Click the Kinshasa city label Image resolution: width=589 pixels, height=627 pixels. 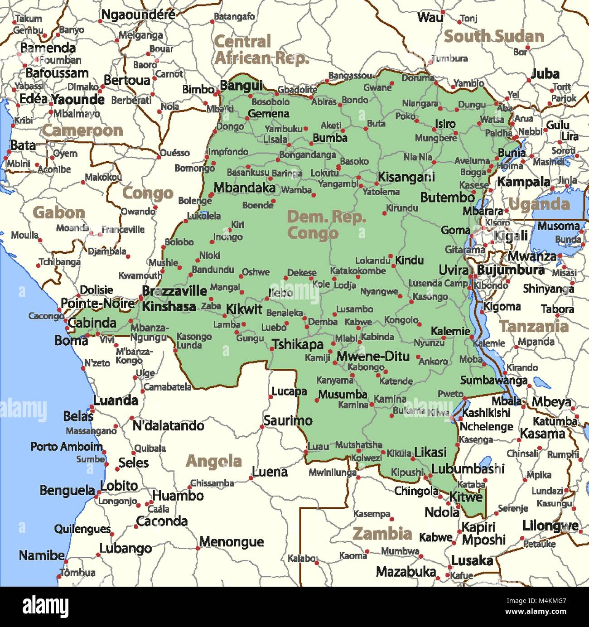pos(169,307)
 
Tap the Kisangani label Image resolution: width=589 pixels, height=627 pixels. pos(406,177)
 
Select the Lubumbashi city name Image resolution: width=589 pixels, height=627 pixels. pos(467,469)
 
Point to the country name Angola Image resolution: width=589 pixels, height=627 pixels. pos(213,461)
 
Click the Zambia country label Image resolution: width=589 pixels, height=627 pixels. pos(382,534)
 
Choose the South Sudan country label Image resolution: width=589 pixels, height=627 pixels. pos(493,36)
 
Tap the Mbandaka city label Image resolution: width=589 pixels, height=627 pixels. pos(244,188)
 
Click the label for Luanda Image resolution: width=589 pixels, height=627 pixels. pos(116,400)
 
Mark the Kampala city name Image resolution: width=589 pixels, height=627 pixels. pos(523,182)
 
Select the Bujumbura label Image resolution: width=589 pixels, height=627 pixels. pos(511,270)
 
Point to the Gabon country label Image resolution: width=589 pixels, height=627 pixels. pos(59,212)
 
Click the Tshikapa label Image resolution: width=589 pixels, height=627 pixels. pos(298,345)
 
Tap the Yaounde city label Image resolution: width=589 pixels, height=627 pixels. pos(78,99)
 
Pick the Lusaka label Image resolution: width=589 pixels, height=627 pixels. pos(472,561)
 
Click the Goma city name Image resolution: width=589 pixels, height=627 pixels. pos(455,230)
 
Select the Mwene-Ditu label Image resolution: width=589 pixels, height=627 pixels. pos(372,357)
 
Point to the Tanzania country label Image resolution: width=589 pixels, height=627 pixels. pos(533,326)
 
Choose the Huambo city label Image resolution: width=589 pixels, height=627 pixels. pos(178,496)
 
